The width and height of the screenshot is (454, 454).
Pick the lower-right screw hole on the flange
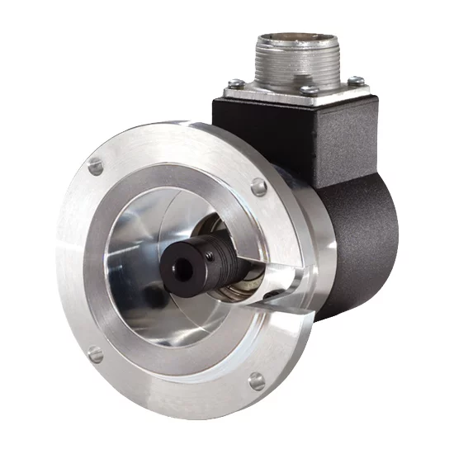point(257,381)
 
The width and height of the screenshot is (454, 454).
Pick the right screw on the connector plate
point(357,81)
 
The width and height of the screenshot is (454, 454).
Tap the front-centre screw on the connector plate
point(308,90)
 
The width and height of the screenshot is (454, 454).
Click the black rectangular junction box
point(330,132)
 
